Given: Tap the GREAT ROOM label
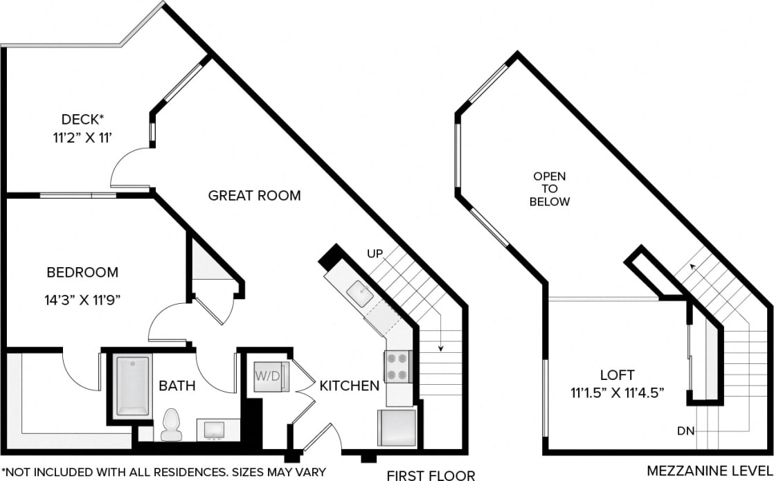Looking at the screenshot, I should coord(255,196).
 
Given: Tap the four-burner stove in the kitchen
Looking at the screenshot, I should coord(399,367).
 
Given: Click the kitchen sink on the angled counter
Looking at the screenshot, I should coord(360,294).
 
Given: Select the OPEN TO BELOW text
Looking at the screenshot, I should coord(550,189).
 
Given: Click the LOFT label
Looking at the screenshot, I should coord(618,375).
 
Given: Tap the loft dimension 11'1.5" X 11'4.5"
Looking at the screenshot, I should coord(618,393).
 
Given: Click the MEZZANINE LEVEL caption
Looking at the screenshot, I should coord(710,471).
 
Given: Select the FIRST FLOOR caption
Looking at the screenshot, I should coord(431,475).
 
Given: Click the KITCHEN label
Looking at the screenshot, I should coord(349,385).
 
